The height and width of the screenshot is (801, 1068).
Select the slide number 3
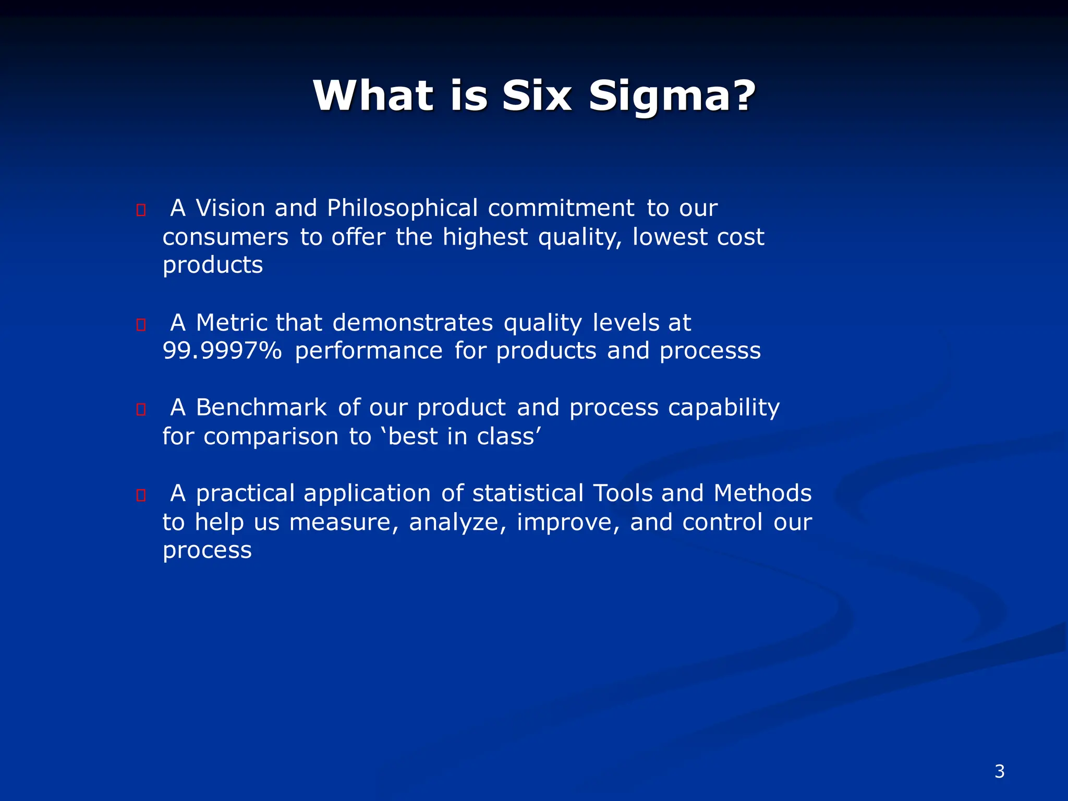click(999, 771)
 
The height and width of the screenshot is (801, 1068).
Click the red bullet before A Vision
click(141, 210)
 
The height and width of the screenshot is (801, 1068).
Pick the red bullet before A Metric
click(141, 325)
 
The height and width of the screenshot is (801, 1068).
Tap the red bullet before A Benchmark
click(141, 409)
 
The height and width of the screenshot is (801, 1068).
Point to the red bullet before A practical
click(141, 495)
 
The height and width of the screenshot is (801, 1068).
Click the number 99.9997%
click(222, 351)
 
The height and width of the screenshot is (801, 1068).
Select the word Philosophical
click(402, 208)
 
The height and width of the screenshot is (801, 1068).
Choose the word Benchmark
click(261, 407)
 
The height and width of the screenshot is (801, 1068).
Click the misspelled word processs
click(710, 351)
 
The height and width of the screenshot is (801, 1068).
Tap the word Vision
click(230, 208)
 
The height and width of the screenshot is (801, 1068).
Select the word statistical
click(528, 493)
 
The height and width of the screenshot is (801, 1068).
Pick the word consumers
click(225, 237)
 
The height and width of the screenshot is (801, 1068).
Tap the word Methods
click(762, 493)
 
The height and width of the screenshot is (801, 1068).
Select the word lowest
click(670, 237)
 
